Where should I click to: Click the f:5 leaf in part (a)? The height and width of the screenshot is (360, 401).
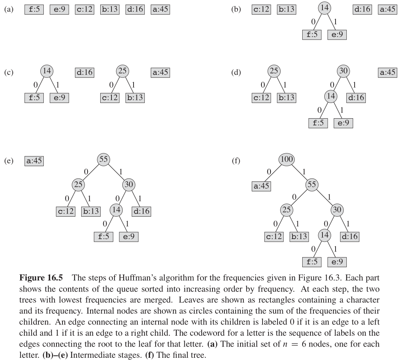point(34,9)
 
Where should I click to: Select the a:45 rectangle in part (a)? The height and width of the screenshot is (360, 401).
point(160,9)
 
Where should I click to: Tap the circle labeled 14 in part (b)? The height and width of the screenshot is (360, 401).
point(325,8)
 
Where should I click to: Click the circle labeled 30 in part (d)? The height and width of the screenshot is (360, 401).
point(343,71)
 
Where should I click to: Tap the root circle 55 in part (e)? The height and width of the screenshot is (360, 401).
point(103,159)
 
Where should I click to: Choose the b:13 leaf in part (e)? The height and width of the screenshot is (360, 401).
point(91,211)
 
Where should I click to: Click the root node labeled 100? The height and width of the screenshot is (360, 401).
point(286,159)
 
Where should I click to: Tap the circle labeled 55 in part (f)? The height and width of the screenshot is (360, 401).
point(312,184)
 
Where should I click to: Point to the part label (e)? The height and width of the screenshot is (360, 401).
point(8,161)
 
